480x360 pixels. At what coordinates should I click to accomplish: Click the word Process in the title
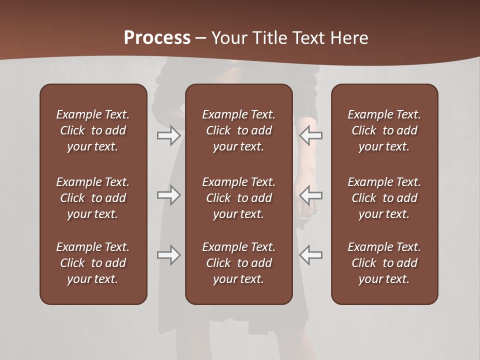point(157,37)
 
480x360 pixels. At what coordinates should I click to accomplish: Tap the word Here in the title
point(349,37)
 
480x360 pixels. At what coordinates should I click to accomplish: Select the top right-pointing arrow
point(168,135)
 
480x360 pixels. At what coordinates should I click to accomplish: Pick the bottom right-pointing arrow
point(168,255)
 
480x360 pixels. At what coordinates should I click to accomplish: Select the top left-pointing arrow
point(311,135)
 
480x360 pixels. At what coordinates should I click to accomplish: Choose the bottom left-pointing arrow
point(311,255)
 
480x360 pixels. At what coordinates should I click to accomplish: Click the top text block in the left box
point(93,130)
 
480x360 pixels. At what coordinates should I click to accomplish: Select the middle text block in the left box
point(93,198)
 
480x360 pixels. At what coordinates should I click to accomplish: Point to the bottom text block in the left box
point(93,263)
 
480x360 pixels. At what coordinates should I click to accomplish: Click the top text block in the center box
point(239,130)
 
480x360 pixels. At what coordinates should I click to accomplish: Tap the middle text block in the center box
point(239,198)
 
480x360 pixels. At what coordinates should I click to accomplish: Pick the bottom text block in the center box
point(239,263)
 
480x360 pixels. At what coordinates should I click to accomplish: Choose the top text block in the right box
point(384,130)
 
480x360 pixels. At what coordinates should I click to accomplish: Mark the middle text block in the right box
point(384,198)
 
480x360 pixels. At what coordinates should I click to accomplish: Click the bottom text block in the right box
point(384,263)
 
